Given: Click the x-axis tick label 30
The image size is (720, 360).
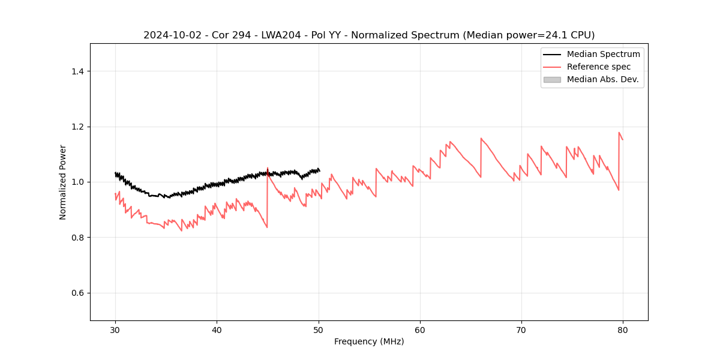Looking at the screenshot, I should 115,329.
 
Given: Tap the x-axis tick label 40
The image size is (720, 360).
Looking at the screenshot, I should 217,329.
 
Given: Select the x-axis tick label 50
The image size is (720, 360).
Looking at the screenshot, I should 319,329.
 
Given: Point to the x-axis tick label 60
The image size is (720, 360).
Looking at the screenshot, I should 420,329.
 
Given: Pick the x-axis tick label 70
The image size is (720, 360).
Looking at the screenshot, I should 521,329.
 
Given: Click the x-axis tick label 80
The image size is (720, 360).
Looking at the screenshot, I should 623,329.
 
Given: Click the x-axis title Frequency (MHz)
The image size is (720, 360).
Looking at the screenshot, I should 369,341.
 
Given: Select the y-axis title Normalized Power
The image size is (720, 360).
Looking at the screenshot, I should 62,182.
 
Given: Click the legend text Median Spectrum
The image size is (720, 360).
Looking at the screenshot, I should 603,54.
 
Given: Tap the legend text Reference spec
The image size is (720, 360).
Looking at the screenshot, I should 598,67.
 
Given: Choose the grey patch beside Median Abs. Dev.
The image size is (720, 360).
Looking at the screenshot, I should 552,79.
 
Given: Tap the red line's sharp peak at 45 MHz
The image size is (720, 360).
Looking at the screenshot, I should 268,168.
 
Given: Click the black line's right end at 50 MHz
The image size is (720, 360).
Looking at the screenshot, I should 319,171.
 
